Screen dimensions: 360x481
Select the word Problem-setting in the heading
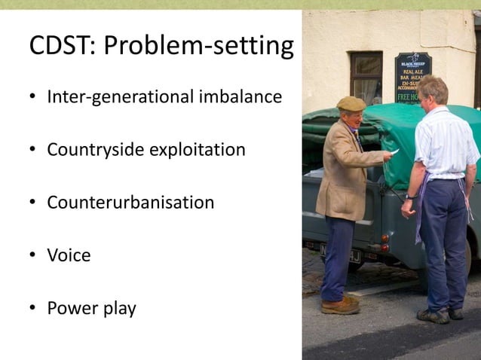pos(198,47)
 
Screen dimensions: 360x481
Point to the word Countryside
pos(95,150)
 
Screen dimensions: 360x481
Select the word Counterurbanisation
pos(130,203)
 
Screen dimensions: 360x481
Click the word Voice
pos(69,255)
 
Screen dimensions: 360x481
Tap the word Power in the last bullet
pos(69,308)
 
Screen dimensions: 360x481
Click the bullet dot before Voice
pos(33,256)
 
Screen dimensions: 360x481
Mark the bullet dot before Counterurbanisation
pos(33,203)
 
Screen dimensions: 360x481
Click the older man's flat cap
pos(351,104)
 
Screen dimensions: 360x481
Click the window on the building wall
pos(366,75)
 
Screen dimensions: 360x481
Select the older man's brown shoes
pos(340,305)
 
